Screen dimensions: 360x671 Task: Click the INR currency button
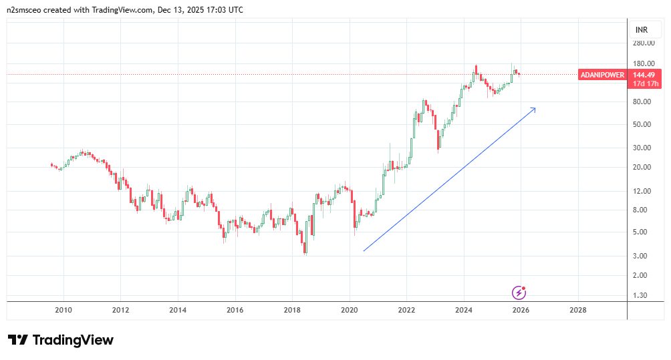(642, 30)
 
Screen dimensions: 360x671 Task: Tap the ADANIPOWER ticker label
(602, 75)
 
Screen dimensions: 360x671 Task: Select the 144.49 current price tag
(645, 75)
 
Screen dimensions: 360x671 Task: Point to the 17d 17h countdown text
(645, 83)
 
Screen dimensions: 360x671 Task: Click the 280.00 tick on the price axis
(644, 43)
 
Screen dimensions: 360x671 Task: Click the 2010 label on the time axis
(63, 310)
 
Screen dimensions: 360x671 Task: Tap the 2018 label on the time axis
(292, 310)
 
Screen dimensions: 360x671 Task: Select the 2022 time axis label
(406, 310)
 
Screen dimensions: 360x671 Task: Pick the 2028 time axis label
(577, 310)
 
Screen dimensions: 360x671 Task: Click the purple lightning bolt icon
(519, 292)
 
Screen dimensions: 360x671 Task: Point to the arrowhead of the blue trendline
(534, 108)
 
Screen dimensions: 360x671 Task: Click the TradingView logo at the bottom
(61, 340)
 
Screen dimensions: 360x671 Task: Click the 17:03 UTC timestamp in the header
(227, 10)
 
